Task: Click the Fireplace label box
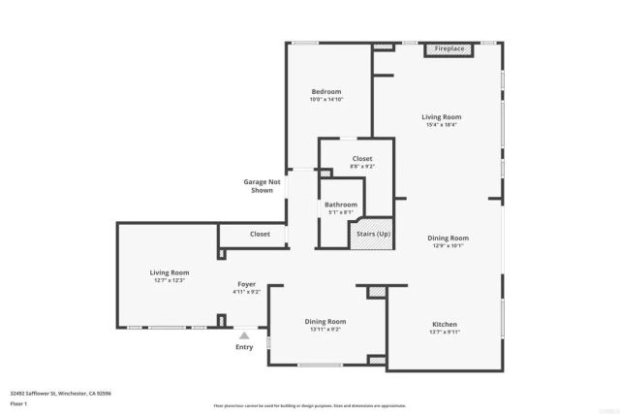[x=448, y=48]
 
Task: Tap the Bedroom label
[x=325, y=91]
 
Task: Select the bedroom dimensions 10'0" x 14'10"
[x=325, y=100]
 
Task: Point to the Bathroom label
[x=341, y=205]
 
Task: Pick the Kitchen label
[x=445, y=324]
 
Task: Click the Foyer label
[x=247, y=284]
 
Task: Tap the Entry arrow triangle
[x=244, y=334]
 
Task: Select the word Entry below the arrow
[x=244, y=347]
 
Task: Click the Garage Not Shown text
[x=262, y=186]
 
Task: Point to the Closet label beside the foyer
[x=260, y=234]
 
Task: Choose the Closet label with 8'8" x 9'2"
[x=361, y=158]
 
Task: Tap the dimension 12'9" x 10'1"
[x=449, y=246]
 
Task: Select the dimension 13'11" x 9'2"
[x=325, y=330]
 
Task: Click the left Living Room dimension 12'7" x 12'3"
[x=169, y=281]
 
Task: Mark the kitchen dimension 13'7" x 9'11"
[x=445, y=333]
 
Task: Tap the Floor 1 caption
[x=19, y=402]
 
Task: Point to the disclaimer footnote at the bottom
[x=310, y=404]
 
